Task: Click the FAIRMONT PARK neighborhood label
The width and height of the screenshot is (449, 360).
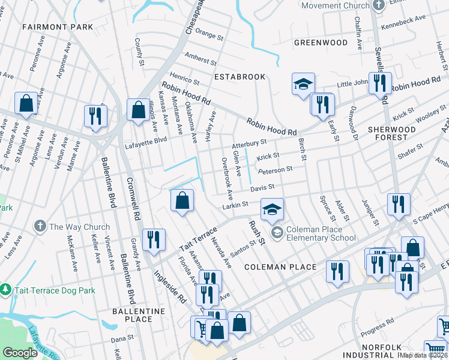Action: pos(58,27)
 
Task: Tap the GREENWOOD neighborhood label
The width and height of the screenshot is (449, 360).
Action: pos(321,43)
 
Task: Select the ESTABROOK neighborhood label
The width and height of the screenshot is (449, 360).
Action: pos(240,77)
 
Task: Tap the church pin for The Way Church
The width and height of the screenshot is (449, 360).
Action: pos(40,227)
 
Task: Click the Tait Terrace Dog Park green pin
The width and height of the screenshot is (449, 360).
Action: pos(7,290)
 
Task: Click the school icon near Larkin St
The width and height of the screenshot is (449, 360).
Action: pos(272,209)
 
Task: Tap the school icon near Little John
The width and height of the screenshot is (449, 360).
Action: pos(304,84)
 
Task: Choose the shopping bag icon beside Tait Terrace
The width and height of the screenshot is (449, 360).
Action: pos(182,200)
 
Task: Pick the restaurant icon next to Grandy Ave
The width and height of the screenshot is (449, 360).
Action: pos(154,239)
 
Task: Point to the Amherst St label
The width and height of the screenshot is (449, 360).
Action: pos(200,60)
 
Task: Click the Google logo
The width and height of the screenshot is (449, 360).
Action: pos(20,353)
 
